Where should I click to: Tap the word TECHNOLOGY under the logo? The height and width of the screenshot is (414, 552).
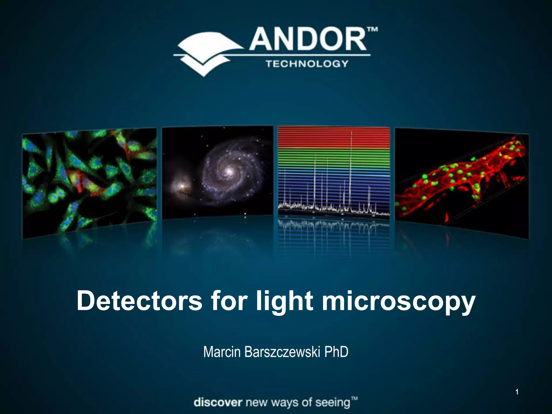(x=307, y=64)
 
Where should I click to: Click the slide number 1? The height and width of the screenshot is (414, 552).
(x=517, y=392)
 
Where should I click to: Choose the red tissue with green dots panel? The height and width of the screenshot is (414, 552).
(x=461, y=183)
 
